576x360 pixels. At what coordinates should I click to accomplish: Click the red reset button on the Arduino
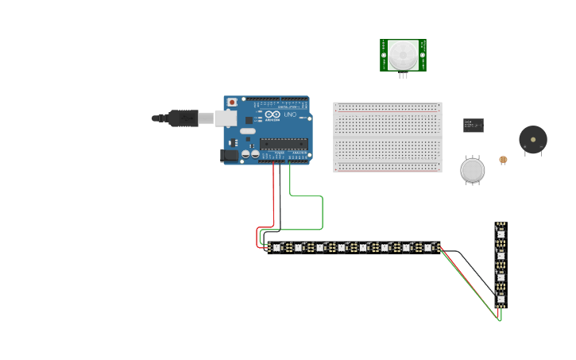coord(232,103)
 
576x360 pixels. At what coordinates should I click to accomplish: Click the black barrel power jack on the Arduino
coord(230,156)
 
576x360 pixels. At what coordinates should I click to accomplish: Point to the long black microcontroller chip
coord(283,144)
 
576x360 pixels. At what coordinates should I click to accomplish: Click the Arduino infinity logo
coord(273,116)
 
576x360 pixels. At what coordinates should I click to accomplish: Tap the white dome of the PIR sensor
coord(403,55)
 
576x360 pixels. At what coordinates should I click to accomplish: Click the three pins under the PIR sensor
coord(403,75)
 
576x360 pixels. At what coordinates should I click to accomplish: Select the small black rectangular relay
coord(474,125)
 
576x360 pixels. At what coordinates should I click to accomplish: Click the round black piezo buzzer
coord(532,139)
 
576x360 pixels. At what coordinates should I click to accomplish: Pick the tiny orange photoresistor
coord(502,160)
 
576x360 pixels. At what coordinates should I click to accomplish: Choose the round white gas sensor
coord(472,169)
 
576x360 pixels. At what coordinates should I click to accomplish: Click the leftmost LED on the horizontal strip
coord(276,248)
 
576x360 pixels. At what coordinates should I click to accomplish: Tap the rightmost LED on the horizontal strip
coord(427,248)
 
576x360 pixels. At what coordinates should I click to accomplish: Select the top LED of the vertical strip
coord(501,234)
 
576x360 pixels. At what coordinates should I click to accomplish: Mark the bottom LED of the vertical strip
coord(501,299)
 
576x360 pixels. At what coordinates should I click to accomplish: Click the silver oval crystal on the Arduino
coord(247,131)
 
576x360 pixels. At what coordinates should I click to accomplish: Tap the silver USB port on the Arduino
coord(226,118)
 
